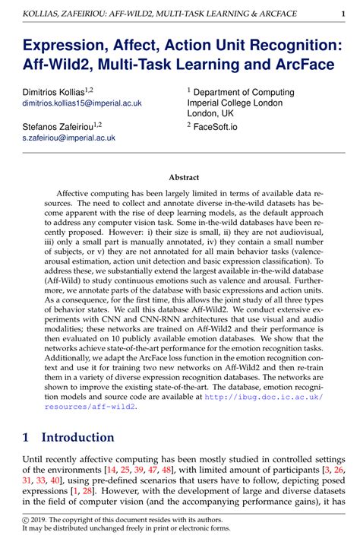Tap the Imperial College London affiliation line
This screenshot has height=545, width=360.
[236, 101]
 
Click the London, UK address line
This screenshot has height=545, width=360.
[216, 112]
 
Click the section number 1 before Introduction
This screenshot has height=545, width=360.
[27, 438]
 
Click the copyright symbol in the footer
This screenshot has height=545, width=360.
[26, 519]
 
